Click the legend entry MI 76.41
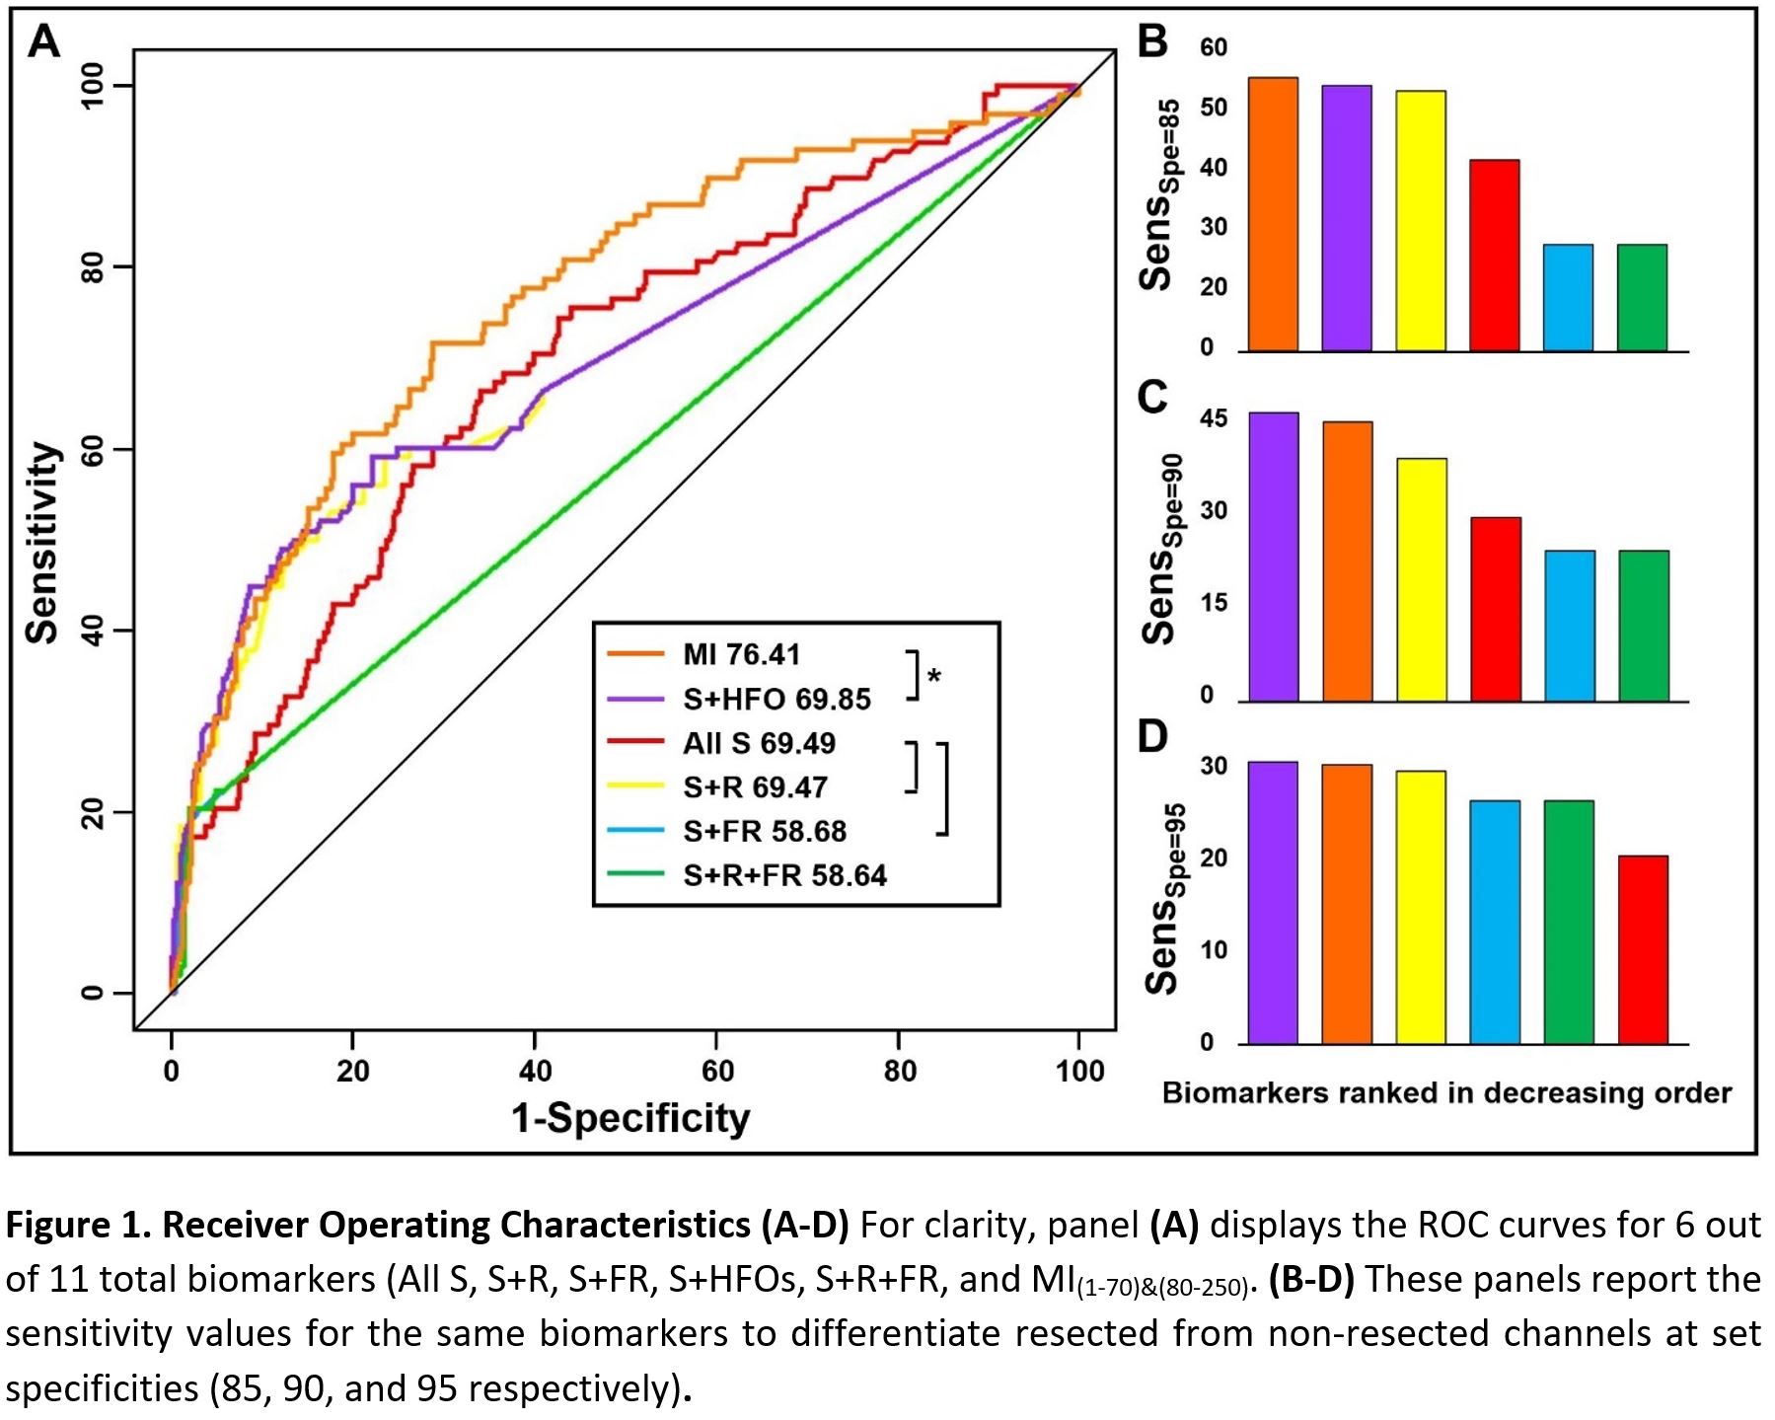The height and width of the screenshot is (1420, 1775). (741, 654)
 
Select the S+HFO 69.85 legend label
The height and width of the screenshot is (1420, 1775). (777, 700)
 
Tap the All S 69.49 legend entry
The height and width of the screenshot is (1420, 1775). (759, 743)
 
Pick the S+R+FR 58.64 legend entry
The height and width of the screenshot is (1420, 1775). (784, 875)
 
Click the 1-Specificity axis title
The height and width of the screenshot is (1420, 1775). (630, 1118)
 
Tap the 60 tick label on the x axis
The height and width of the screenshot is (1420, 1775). (717, 1071)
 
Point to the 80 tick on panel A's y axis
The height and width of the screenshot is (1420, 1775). (93, 267)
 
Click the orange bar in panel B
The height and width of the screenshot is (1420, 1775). (1273, 214)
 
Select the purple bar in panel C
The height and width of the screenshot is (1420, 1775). (1274, 557)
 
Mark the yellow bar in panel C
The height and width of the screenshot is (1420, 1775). (1422, 579)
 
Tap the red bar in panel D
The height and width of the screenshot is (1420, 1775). (1643, 949)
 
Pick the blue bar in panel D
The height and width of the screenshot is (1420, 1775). (1495, 922)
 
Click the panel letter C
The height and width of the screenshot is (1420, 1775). (1152, 397)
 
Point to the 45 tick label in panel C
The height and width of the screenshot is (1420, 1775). (1214, 418)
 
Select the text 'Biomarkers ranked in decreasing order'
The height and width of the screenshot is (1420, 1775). (1446, 1093)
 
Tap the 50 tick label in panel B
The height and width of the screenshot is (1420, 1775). (1214, 108)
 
